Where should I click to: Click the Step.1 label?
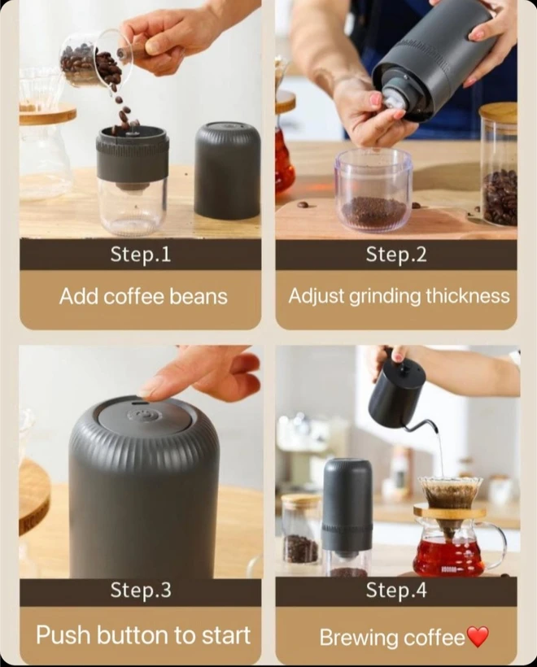point(141,255)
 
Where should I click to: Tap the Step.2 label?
point(396,255)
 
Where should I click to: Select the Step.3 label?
point(141,590)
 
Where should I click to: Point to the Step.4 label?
point(396,590)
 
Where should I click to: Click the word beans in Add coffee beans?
point(199,296)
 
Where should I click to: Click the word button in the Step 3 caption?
point(133,635)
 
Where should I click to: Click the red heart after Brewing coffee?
point(478,638)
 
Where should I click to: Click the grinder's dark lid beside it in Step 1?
point(227,170)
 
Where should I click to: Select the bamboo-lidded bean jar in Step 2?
point(499,166)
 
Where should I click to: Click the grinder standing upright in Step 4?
point(347,517)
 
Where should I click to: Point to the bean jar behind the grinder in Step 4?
point(302,529)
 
